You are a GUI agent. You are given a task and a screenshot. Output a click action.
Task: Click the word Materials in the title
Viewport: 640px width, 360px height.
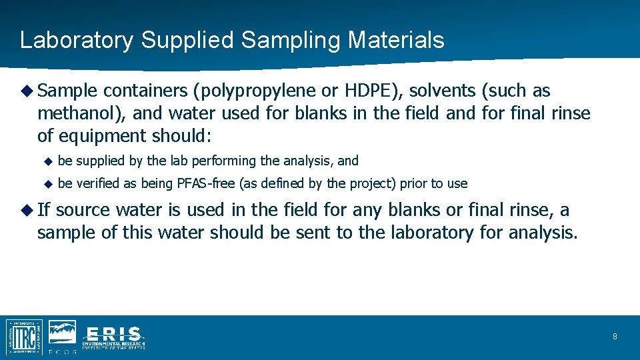pyautogui.click(x=395, y=40)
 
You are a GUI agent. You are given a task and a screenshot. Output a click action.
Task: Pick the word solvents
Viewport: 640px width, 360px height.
pyautogui.click(x=438, y=91)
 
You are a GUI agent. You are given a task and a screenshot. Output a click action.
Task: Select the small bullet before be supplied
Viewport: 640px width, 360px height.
pyautogui.click(x=47, y=161)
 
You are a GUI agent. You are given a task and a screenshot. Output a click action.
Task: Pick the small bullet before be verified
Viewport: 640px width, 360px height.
pyautogui.click(x=47, y=184)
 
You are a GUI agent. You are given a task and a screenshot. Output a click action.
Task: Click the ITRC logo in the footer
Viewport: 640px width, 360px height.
pyautogui.click(x=25, y=336)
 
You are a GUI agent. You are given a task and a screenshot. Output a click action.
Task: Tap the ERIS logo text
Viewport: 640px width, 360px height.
pyautogui.click(x=113, y=335)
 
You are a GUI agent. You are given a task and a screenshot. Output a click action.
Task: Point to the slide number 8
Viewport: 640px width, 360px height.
pyautogui.click(x=615, y=337)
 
